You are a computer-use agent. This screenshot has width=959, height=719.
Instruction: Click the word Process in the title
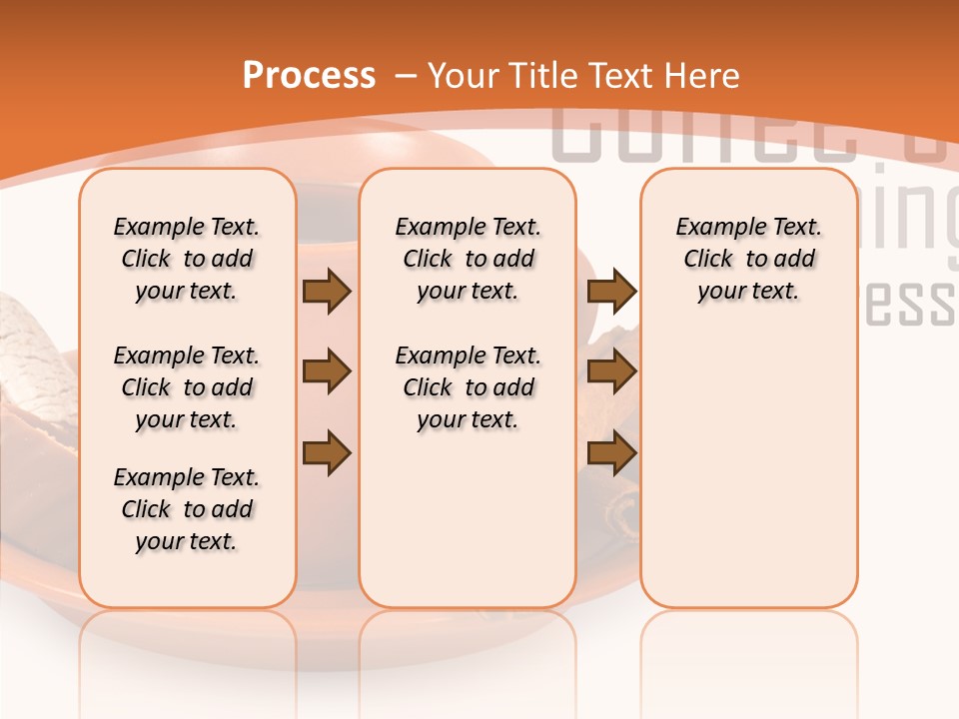pyautogui.click(x=309, y=75)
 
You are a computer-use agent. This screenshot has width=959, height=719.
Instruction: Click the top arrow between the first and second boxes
pyautogui.click(x=327, y=291)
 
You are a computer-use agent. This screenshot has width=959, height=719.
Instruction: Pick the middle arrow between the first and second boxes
pyautogui.click(x=327, y=372)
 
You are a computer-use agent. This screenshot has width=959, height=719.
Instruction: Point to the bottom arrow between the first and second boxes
pyautogui.click(x=327, y=452)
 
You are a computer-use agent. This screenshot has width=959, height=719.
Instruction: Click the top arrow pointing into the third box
pyautogui.click(x=611, y=291)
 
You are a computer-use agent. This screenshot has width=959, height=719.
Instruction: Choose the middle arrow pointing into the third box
pyautogui.click(x=611, y=372)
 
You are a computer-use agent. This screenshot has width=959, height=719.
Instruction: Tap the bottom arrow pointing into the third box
pyautogui.click(x=611, y=452)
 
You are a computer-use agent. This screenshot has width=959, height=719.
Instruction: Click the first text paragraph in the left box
pyautogui.click(x=187, y=259)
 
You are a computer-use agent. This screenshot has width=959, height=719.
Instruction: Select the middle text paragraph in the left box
pyautogui.click(x=187, y=387)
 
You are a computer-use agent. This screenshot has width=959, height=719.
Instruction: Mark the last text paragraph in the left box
pyautogui.click(x=187, y=509)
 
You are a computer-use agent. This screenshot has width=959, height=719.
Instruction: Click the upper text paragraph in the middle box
pyautogui.click(x=468, y=259)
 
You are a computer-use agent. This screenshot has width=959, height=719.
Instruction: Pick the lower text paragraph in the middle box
pyautogui.click(x=468, y=387)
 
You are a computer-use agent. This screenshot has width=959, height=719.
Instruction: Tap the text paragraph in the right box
pyautogui.click(x=748, y=259)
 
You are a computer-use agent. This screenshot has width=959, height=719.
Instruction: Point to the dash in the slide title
pyautogui.click(x=406, y=75)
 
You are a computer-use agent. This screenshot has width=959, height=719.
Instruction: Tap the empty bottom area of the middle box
pyautogui.click(x=468, y=529)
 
